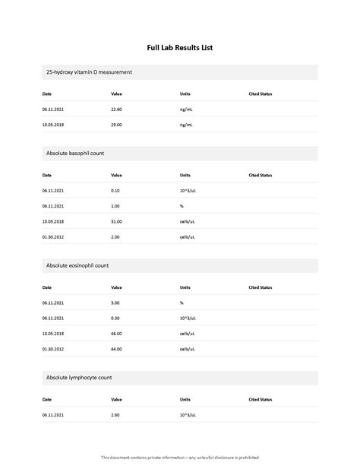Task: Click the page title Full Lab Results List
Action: (x=180, y=47)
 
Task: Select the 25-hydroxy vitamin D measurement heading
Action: (x=89, y=72)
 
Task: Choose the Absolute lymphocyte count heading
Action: (x=79, y=378)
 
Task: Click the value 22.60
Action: (x=116, y=109)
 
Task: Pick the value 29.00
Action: (x=116, y=125)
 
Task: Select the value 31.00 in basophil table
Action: (x=116, y=221)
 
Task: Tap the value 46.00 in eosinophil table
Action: (x=116, y=334)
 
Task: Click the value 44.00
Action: (x=116, y=349)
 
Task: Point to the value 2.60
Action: (x=115, y=415)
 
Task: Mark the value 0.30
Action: (x=115, y=319)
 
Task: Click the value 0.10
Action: (x=115, y=191)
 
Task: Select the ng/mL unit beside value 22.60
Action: (x=187, y=109)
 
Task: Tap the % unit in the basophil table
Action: (x=182, y=206)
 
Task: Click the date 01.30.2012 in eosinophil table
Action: (x=53, y=349)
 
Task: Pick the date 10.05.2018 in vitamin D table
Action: (x=53, y=125)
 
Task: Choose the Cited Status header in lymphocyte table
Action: (x=261, y=399)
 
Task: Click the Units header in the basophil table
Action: (x=185, y=175)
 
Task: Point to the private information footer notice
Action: (x=180, y=457)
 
